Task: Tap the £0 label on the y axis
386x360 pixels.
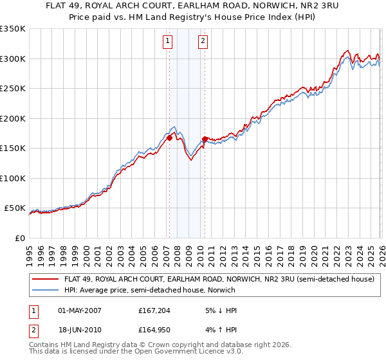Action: coord(19,238)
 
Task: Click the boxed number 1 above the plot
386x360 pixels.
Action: coord(167,42)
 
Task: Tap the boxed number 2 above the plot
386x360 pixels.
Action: coord(203,42)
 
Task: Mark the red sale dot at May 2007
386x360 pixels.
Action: coord(170,138)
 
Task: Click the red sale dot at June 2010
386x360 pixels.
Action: coord(205,139)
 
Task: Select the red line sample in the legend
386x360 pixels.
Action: coord(46,280)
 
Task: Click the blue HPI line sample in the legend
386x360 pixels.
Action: coord(46,291)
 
